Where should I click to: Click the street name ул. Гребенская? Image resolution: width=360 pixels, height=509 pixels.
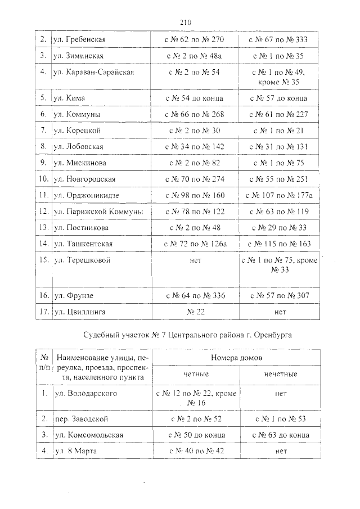(x=79, y=40)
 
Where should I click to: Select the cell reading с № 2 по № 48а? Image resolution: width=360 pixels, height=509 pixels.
(x=195, y=56)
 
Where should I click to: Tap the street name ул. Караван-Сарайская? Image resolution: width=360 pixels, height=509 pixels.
(x=93, y=73)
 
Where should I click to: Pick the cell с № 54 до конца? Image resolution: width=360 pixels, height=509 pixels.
(x=193, y=98)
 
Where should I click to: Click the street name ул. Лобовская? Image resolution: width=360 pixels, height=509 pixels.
(x=79, y=147)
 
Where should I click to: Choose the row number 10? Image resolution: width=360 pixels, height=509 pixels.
(x=43, y=179)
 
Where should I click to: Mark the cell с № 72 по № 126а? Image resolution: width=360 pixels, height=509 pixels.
(x=195, y=244)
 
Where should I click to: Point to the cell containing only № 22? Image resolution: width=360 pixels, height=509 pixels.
(x=195, y=312)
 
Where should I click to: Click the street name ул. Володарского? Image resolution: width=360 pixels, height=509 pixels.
(x=85, y=394)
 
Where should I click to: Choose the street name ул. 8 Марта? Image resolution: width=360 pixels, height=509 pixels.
(x=75, y=451)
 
